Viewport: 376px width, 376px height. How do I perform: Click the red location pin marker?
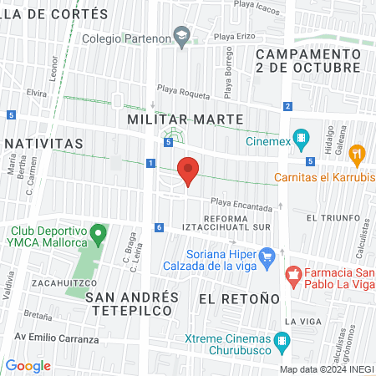point(189,170)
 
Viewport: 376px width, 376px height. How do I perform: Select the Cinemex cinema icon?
point(302,140)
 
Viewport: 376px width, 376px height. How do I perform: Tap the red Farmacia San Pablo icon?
point(292,273)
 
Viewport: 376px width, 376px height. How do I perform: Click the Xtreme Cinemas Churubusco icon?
point(282,340)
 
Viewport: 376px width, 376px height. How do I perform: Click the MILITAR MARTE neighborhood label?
point(185,119)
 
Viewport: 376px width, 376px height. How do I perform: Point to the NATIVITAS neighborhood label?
point(42,144)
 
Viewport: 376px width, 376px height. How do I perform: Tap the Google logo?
point(28,366)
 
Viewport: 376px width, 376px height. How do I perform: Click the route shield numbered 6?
point(159,227)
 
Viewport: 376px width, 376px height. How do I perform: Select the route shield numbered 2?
point(287,106)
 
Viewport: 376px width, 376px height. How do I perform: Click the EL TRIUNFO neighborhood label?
point(332,217)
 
